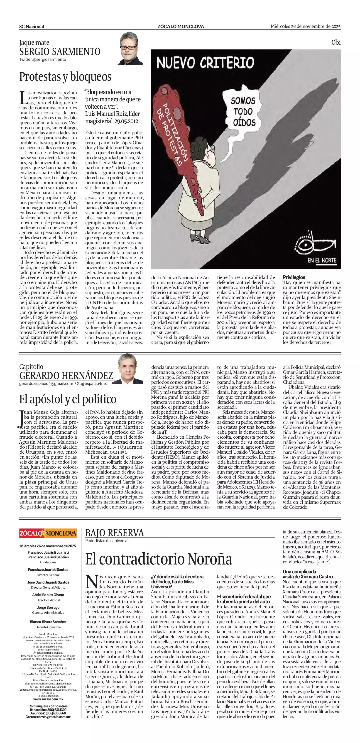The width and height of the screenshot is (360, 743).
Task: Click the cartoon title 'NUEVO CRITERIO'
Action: [205, 63]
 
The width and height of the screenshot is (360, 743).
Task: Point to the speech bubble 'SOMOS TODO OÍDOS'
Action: [243, 111]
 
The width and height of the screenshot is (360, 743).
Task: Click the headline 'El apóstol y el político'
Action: [68, 399]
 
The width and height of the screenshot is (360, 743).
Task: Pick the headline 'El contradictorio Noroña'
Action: [159, 559]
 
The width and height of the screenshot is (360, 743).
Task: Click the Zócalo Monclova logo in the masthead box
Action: [48, 533]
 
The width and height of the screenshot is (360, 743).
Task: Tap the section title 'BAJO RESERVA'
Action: [115, 533]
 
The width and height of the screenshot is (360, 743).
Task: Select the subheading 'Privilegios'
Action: [294, 277]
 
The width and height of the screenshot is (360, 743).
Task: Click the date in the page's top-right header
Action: [306, 26]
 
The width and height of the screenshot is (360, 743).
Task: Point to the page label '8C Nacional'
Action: [32, 27]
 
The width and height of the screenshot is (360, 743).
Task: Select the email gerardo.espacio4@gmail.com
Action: [46, 384]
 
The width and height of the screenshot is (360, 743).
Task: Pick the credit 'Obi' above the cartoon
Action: [336, 43]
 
